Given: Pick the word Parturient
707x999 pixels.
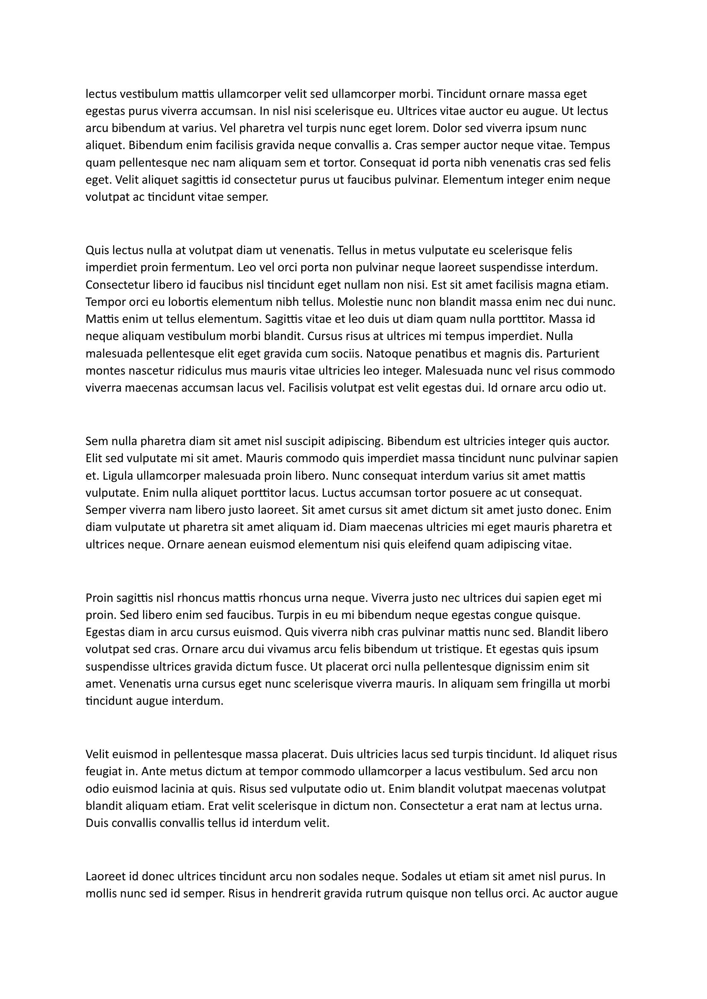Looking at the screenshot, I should [572, 353].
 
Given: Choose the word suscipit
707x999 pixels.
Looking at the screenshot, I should [303, 441].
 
